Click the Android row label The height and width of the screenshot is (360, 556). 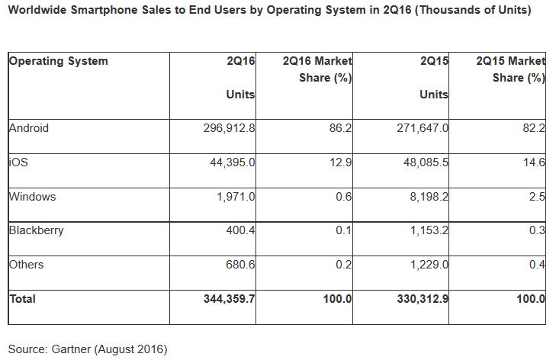28,128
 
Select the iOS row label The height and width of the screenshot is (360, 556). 17,162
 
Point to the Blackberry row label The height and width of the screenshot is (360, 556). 36,230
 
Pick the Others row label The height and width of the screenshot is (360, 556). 26,265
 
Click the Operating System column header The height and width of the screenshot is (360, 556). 58,61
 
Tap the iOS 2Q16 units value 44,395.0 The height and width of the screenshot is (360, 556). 230,162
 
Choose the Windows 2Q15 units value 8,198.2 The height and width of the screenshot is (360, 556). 424,196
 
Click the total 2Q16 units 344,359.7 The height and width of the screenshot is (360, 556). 223,299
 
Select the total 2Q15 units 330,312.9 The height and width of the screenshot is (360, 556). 416,299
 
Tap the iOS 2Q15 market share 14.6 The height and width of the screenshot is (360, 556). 535,162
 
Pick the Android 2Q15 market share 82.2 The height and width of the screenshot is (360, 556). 535,128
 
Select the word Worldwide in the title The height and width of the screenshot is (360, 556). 39,11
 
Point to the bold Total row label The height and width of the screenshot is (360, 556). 22,299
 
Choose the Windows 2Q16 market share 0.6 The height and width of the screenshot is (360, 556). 345,196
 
